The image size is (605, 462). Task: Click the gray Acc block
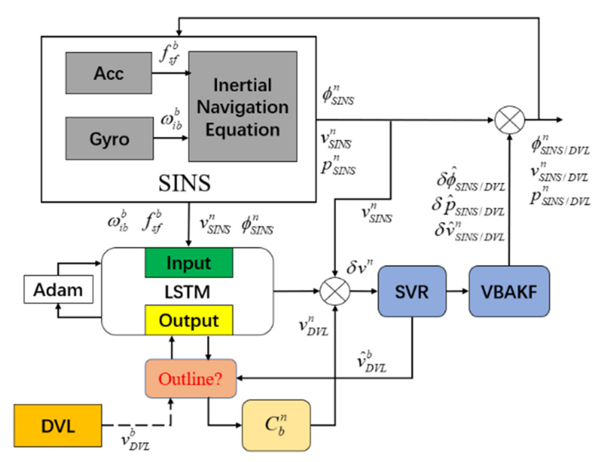coord(109,73)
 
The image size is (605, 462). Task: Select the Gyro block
coord(109,139)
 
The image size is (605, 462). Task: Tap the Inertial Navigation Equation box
coord(242,107)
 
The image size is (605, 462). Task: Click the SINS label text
coord(184,183)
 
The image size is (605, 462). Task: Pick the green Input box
coord(189,263)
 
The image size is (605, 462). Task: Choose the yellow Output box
coord(189,320)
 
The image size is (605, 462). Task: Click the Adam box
coord(58,289)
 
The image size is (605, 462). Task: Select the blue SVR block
coord(412,291)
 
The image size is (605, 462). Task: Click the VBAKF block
coord(509,291)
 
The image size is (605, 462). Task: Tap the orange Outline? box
coord(191,379)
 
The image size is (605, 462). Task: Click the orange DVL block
coord(58,426)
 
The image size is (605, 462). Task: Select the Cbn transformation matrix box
coord(276,425)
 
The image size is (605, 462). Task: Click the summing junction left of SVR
coord(335,291)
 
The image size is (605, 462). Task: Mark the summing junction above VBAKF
coord(510,120)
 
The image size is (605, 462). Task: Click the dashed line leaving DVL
coord(136,425)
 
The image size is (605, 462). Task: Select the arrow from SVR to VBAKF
coord(457,291)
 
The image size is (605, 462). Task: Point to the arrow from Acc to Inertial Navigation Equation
coord(170,73)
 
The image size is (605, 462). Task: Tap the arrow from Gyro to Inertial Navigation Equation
coord(170,138)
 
